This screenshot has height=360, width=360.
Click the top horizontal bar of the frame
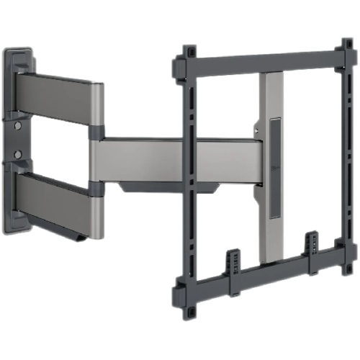[263, 61]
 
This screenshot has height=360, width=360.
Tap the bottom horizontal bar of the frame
[263, 281]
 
